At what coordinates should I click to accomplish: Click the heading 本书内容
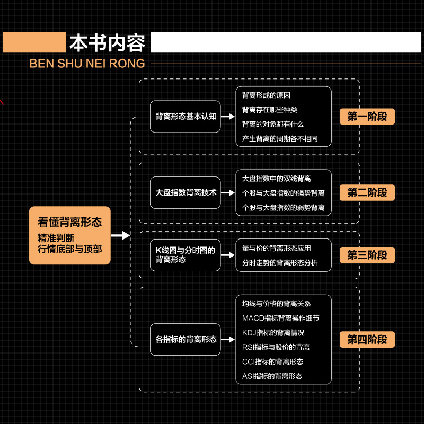(x=107, y=43)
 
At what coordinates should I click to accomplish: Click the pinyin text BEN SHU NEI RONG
(x=87, y=64)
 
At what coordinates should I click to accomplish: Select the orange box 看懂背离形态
(x=69, y=235)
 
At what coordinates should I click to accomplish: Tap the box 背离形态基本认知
(x=185, y=116)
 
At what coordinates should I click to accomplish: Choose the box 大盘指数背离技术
(x=185, y=192)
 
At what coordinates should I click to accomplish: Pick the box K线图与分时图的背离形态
(x=185, y=255)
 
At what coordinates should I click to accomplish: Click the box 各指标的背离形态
(x=185, y=339)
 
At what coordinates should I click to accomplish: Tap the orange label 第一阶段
(x=367, y=117)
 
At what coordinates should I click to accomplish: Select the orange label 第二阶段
(x=367, y=192)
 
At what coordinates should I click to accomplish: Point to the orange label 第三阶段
(x=367, y=255)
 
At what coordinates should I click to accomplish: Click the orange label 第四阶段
(x=367, y=339)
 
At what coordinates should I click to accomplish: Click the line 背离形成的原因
(x=266, y=95)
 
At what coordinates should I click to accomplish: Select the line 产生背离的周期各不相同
(x=279, y=139)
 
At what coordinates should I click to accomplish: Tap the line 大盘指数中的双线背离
(x=276, y=179)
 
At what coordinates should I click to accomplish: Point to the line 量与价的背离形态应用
(x=276, y=248)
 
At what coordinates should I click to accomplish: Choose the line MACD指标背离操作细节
(x=280, y=318)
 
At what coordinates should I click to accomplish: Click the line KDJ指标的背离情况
(x=273, y=333)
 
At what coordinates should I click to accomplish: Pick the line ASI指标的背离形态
(x=272, y=376)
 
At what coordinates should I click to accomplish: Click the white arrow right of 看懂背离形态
(x=121, y=235)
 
